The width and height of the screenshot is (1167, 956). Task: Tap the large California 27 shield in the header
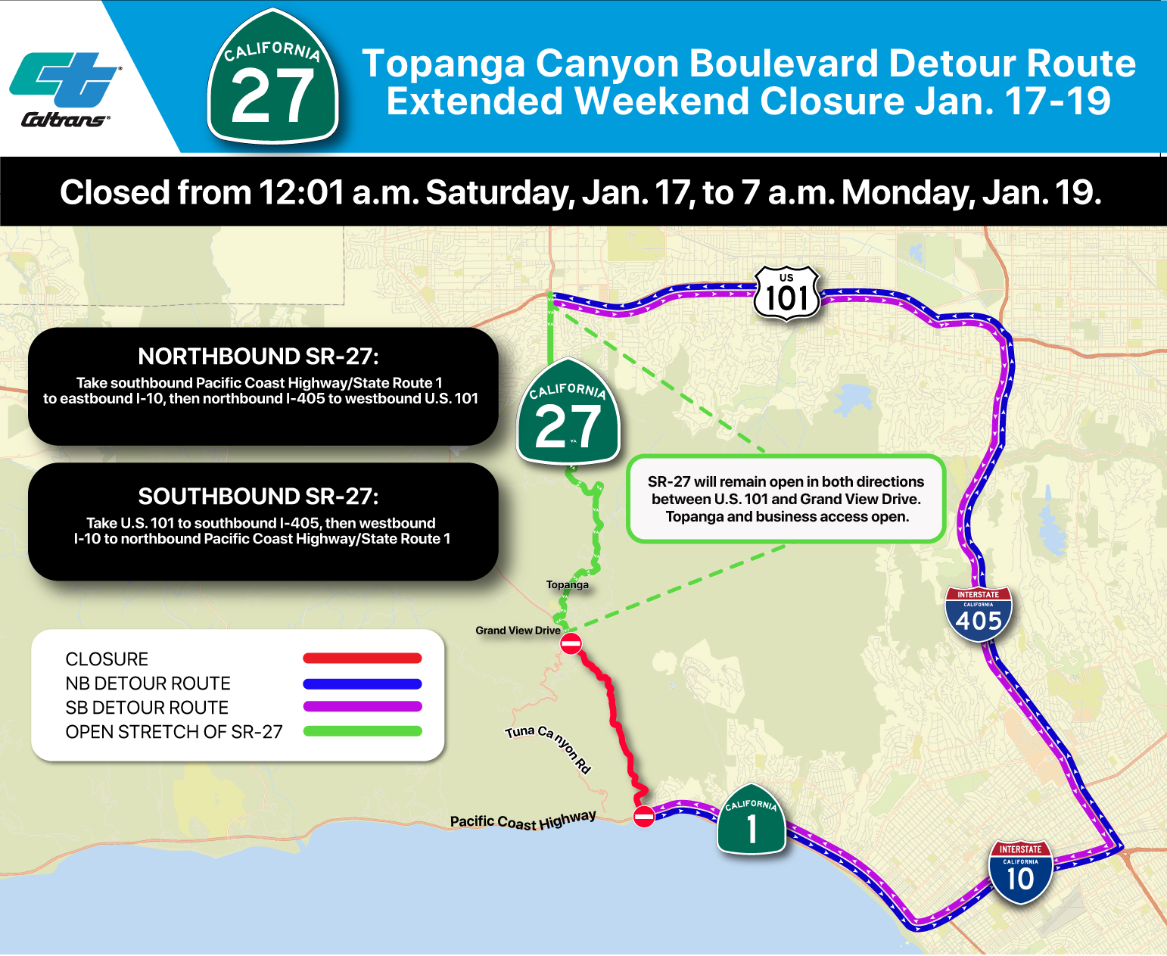(x=272, y=78)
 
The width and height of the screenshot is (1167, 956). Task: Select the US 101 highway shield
(x=787, y=294)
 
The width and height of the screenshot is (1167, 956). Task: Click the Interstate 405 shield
(x=979, y=615)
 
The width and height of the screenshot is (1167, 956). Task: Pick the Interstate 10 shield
(x=1020, y=872)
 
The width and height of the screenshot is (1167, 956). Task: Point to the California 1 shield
(x=751, y=821)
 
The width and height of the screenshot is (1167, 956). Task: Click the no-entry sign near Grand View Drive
(x=571, y=644)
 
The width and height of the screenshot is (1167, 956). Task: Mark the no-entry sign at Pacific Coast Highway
(x=643, y=817)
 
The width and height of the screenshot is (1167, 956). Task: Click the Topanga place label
(x=567, y=584)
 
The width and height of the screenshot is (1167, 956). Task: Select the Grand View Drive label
(x=518, y=631)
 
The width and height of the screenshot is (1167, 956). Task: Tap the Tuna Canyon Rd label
(x=548, y=746)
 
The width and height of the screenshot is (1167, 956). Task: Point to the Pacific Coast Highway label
(x=523, y=821)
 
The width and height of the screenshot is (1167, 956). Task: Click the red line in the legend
(x=362, y=659)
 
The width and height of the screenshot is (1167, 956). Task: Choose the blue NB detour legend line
(x=362, y=684)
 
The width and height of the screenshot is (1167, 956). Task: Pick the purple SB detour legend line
(x=362, y=707)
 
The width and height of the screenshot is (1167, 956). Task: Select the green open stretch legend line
(x=362, y=731)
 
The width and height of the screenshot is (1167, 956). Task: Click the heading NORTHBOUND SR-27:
(x=258, y=357)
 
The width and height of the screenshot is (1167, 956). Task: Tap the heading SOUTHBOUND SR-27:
(x=258, y=497)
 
